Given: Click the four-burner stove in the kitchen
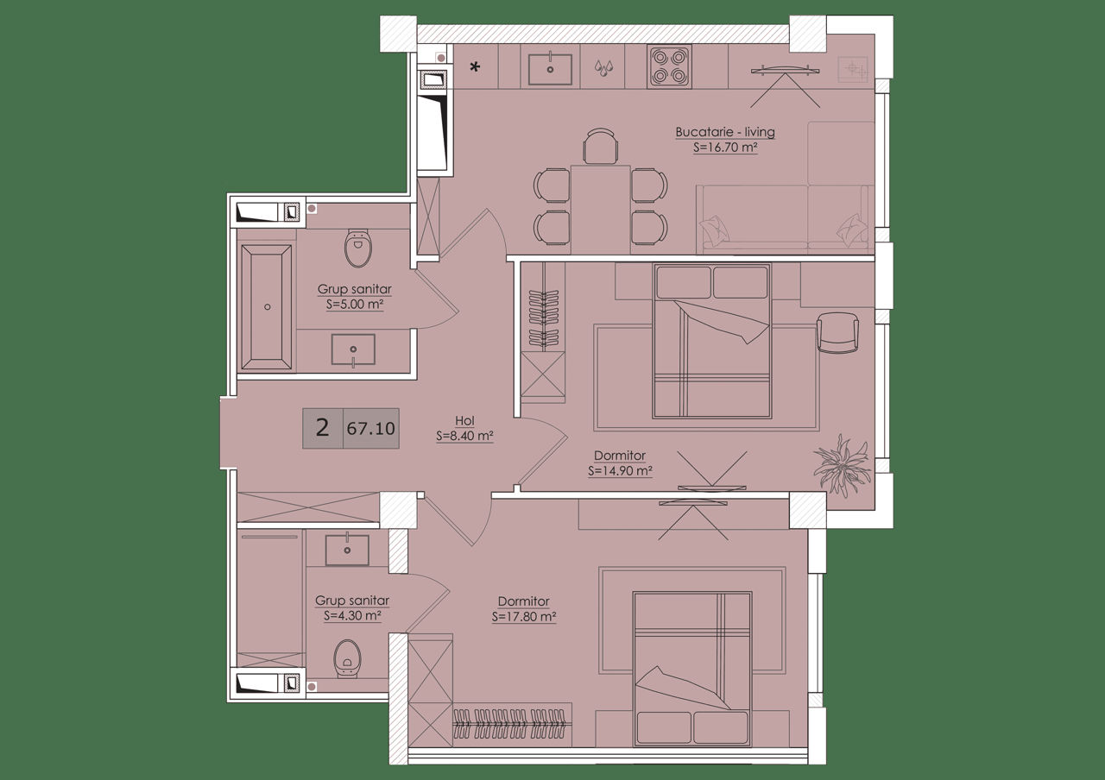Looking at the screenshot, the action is click(670, 66).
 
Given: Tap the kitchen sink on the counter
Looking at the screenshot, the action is click(550, 70).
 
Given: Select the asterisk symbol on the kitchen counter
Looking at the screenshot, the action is click(475, 67).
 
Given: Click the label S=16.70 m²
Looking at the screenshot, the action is click(725, 147).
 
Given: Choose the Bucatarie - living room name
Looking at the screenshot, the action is click(725, 132).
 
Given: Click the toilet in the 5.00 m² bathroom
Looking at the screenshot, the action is click(358, 248).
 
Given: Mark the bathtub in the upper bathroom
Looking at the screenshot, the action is click(267, 306).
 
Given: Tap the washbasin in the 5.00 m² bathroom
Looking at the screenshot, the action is click(353, 350).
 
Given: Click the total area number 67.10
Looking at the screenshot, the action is click(371, 429).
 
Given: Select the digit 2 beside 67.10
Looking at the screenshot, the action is click(322, 427).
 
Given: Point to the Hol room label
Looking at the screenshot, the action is click(464, 420).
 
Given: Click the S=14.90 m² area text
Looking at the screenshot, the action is click(620, 471).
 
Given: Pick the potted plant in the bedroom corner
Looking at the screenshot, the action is click(842, 464).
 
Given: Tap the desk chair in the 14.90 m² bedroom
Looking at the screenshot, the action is click(837, 333).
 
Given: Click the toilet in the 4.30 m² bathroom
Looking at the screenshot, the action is click(348, 659).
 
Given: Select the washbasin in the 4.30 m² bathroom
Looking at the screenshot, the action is click(347, 550).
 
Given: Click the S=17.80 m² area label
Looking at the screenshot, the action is click(524, 617).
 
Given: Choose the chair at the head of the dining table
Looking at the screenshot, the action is click(600, 146).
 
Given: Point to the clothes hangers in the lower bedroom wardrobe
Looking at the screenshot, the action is click(509, 724).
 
